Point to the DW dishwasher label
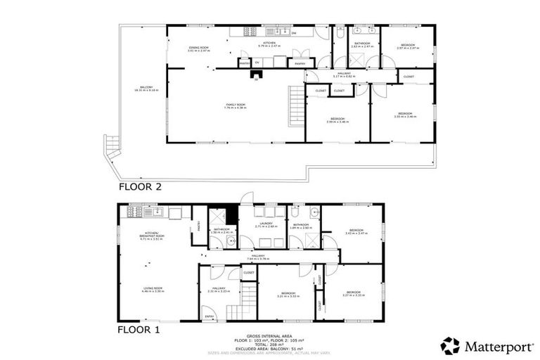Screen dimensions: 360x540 click(293, 33)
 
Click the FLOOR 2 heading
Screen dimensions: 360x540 click(140, 187)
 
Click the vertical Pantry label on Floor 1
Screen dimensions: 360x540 click(199, 226)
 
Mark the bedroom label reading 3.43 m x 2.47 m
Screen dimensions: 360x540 click(357, 232)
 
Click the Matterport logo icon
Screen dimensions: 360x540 click(449, 345)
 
